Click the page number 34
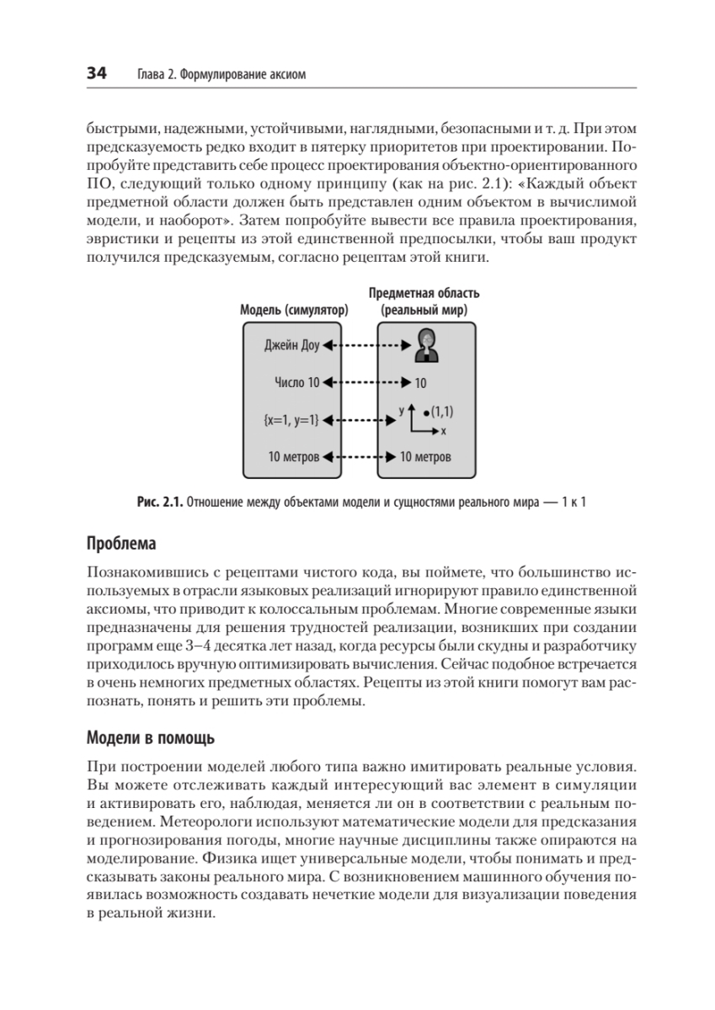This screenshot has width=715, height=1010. click(x=96, y=75)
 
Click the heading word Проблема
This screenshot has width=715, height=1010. click(x=121, y=543)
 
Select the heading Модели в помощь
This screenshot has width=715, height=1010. click(x=151, y=739)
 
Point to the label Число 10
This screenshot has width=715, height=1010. click(x=296, y=382)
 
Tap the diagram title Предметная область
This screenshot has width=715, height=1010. click(x=424, y=294)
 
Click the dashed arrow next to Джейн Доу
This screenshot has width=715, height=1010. click(x=364, y=344)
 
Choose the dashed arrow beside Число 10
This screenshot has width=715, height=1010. click(x=364, y=382)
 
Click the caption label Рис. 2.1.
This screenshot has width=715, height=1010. click(x=158, y=503)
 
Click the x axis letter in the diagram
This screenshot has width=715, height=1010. click(x=443, y=431)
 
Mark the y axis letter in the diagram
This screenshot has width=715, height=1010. click(x=402, y=409)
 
